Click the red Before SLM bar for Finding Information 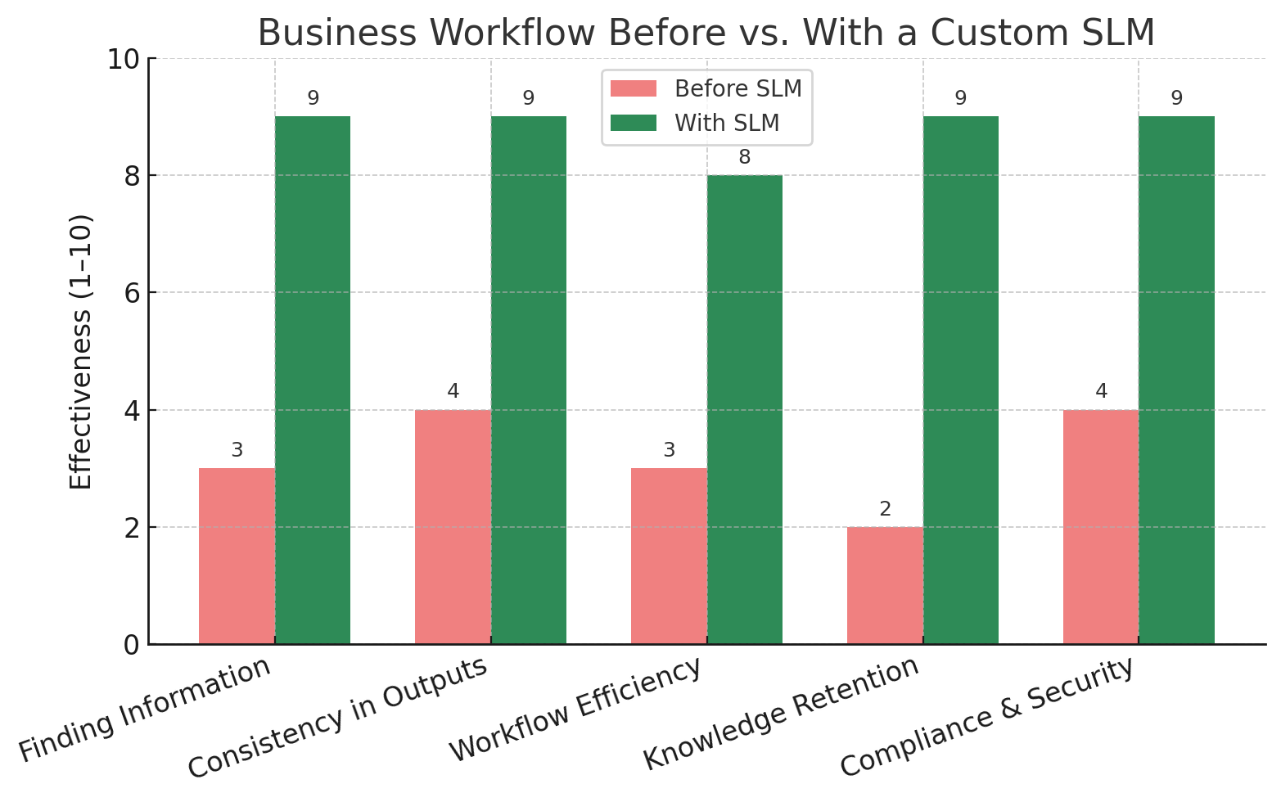coord(237,556)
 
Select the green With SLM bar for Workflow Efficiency coord(744,409)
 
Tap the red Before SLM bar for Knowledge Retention coord(885,585)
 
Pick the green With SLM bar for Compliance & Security coord(1176,380)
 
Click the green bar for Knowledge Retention coord(960,380)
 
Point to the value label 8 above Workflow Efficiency coord(744,157)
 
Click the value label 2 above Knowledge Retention coord(885,509)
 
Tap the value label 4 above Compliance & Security coord(1101,391)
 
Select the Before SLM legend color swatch coord(633,88)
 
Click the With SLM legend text coord(727,123)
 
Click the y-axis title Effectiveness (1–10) coord(80,352)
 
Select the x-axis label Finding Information coord(145,710)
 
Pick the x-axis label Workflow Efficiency coord(575,710)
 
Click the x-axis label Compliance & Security coord(987,717)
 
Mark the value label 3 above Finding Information coord(237,450)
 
